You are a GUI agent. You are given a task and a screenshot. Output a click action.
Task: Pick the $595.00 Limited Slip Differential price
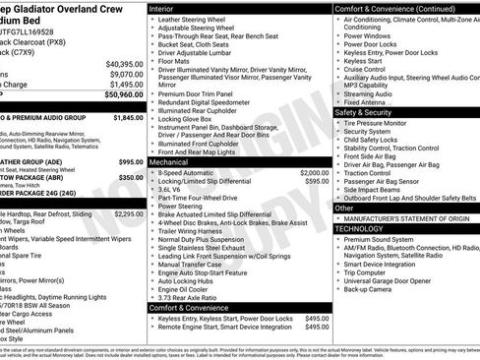tap(317, 181)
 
